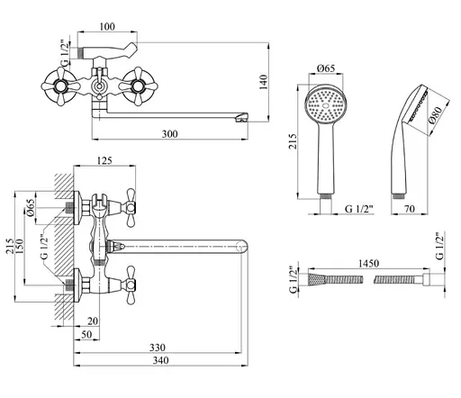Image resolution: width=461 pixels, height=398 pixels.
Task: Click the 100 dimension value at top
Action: [107, 27]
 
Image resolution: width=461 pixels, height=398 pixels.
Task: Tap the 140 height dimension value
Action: [263, 82]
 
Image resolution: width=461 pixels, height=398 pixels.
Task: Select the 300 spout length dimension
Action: [170, 133]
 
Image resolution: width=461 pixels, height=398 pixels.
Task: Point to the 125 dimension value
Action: [104, 160]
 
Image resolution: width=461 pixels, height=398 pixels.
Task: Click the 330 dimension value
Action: [158, 348]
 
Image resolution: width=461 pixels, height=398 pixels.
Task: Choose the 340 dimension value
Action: [161, 360]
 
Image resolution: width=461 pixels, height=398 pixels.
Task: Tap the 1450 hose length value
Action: [368, 263]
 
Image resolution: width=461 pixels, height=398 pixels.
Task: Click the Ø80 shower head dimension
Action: [436, 115]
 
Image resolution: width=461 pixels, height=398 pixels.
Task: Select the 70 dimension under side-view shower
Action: [410, 208]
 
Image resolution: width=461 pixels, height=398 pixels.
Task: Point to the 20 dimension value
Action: [93, 321]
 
